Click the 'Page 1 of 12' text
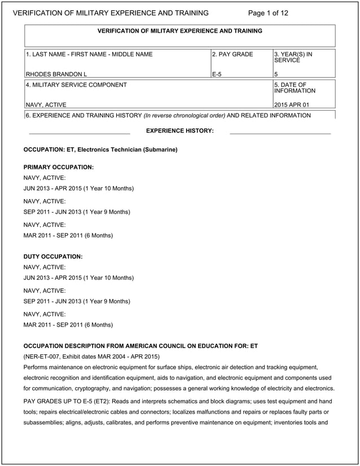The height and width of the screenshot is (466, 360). pyautogui.click(x=268, y=13)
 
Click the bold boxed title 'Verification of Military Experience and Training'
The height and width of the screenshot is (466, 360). pyautogui.click(x=179, y=31)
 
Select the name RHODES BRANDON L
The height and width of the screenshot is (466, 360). pyautogui.click(x=56, y=74)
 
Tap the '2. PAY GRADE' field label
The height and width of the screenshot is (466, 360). pyautogui.click(x=232, y=55)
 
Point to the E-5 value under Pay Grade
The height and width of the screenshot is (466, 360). pyautogui.click(x=217, y=74)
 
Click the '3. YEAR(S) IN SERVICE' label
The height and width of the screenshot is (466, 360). pyautogui.click(x=293, y=58)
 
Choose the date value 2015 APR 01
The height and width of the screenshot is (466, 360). pyautogui.click(x=291, y=104)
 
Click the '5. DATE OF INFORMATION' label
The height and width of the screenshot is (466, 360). pyautogui.click(x=295, y=88)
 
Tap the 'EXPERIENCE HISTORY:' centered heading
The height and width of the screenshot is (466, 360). pyautogui.click(x=179, y=131)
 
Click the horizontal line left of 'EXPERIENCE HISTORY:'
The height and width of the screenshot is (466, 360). pyautogui.click(x=79, y=134)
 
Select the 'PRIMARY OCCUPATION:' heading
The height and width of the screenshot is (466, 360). pyautogui.click(x=58, y=168)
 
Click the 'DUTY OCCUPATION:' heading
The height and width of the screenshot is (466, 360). pyautogui.click(x=53, y=257)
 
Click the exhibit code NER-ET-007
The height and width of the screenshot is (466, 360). pyautogui.click(x=45, y=357)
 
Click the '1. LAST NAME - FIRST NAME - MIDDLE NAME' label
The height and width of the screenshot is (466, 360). pyautogui.click(x=89, y=55)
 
